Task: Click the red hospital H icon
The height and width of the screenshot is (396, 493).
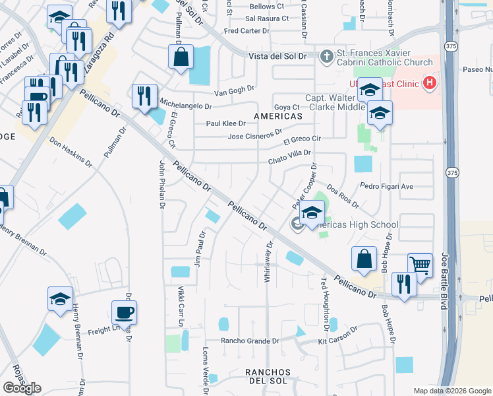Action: point(430,83)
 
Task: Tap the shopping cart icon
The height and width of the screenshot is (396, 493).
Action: point(419,265)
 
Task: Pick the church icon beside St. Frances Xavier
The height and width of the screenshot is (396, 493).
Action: point(326,57)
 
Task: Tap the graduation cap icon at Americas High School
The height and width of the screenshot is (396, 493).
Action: point(312,213)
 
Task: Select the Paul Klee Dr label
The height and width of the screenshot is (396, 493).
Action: point(225,123)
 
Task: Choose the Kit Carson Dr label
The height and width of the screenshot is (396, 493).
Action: point(337,335)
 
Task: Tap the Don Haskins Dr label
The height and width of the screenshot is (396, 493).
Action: point(71,150)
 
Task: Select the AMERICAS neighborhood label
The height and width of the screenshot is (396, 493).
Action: point(278,116)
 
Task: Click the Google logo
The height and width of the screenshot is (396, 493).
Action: point(22,388)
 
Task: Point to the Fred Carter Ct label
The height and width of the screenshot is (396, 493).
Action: point(247,31)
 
